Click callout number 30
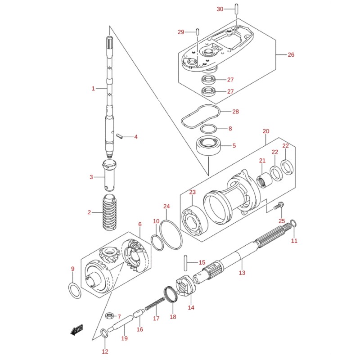(220, 9)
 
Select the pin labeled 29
(198, 31)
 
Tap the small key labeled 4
(120, 135)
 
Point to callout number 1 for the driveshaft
(93, 89)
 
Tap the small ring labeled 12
(104, 333)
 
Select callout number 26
(291, 55)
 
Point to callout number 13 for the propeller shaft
(242, 273)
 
